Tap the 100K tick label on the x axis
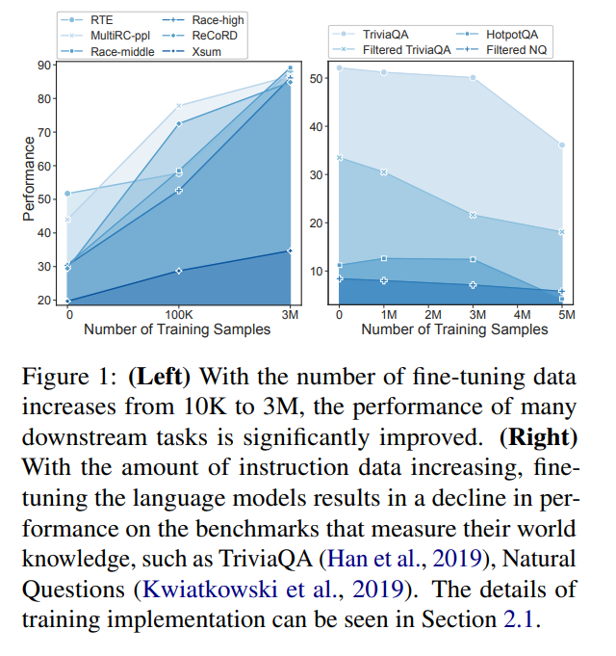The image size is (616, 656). point(179,315)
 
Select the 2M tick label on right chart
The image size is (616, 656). point(429,315)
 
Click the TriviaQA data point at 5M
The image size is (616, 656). point(562,145)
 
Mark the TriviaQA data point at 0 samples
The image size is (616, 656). point(339,68)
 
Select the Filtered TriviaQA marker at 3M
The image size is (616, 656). point(473,215)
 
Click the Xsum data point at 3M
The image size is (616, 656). point(290,251)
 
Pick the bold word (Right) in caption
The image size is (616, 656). point(539,434)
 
